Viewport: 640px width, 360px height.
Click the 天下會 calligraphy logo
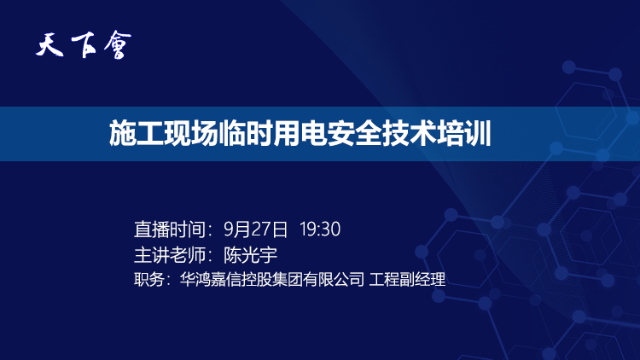(x=84, y=44)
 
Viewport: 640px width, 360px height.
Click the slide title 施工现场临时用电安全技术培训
(x=300, y=134)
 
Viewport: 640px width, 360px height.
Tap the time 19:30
(x=321, y=229)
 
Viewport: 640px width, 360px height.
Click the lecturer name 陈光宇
(x=251, y=254)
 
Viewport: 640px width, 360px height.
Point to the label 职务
(x=148, y=279)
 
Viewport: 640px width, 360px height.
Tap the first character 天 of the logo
(x=51, y=44)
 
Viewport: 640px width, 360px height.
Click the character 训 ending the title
(x=478, y=134)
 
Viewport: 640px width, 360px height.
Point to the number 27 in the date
(x=257, y=229)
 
